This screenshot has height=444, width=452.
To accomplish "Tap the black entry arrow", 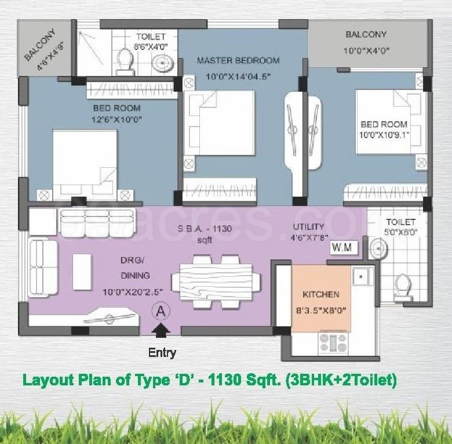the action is pyautogui.click(x=161, y=330).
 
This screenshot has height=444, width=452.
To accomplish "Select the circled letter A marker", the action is pyautogui.click(x=161, y=312).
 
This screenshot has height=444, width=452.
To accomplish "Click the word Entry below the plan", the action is pyautogui.click(x=162, y=353).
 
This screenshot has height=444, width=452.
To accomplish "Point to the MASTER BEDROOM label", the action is pyautogui.click(x=238, y=60).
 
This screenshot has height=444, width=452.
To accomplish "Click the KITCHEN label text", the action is pyautogui.click(x=321, y=294).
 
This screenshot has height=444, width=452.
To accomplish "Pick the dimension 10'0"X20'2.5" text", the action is pyautogui.click(x=133, y=292).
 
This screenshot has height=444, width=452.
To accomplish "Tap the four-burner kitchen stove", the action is pyautogui.click(x=333, y=343).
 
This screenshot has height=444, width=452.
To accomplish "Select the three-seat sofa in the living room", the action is pyautogui.click(x=97, y=223).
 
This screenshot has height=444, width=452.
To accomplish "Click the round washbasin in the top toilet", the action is pyautogui.click(x=163, y=63).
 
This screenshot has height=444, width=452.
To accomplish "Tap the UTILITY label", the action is pyautogui.click(x=308, y=227).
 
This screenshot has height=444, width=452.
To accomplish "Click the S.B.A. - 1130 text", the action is pyautogui.click(x=205, y=229).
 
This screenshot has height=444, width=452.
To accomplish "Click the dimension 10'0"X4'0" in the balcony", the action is pyautogui.click(x=366, y=51).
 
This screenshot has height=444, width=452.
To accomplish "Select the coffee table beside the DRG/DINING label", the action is pyautogui.click(x=82, y=272).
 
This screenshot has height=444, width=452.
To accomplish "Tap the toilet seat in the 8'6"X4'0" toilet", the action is pyautogui.click(x=125, y=61).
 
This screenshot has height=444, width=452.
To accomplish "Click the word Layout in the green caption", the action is pyautogui.click(x=49, y=380).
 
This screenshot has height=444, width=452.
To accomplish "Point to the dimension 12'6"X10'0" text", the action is pyautogui.click(x=116, y=120).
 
